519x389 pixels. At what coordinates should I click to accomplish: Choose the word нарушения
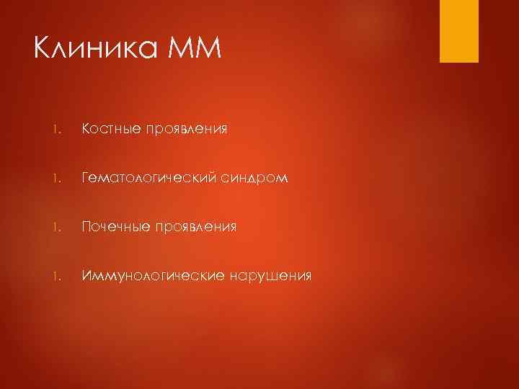(x=272, y=277)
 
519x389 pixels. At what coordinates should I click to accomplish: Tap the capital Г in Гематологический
(x=86, y=178)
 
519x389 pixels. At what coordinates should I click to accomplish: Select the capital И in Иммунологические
(x=87, y=276)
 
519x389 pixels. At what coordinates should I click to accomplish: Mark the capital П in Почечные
(x=87, y=227)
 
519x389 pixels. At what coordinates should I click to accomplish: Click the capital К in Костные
(x=86, y=129)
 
